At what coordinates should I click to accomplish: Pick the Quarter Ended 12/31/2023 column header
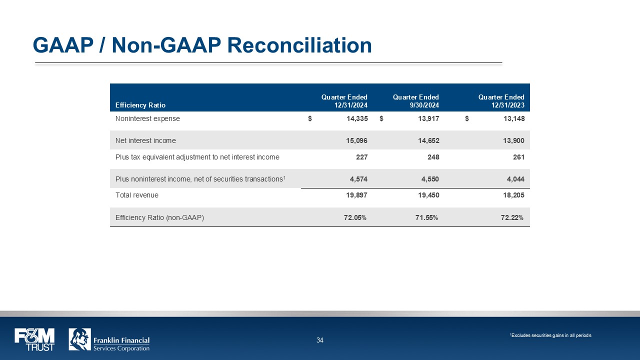click(501, 101)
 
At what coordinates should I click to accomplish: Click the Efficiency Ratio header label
click(140, 105)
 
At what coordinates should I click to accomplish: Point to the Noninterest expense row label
click(147, 119)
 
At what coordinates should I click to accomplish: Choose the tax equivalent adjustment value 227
click(361, 157)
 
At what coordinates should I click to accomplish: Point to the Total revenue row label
click(136, 195)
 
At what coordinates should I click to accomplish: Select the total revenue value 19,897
click(357, 195)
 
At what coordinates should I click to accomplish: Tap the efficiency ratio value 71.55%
click(426, 217)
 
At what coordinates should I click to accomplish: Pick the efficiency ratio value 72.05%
click(355, 217)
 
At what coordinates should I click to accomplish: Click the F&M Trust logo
click(34, 339)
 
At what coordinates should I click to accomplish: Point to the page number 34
click(320, 340)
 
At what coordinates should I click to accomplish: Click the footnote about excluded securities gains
click(550, 335)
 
